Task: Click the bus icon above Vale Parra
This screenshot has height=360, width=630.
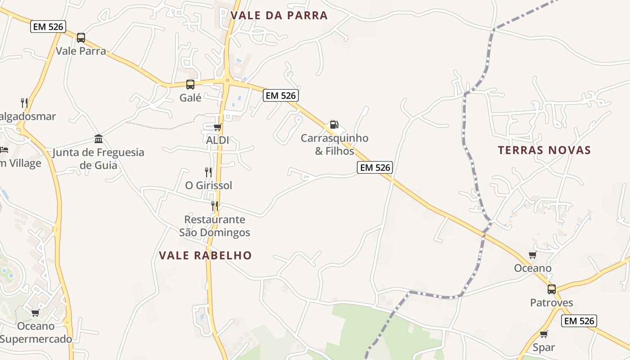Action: pyautogui.click(x=81, y=38)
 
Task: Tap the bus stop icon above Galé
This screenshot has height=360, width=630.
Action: pyautogui.click(x=190, y=84)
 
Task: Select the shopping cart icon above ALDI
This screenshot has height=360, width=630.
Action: pyautogui.click(x=218, y=127)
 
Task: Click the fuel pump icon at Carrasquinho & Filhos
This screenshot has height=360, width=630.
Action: pyautogui.click(x=334, y=125)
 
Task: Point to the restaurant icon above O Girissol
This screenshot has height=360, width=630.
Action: pyautogui.click(x=208, y=172)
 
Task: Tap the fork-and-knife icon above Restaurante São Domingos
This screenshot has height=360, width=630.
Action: pyautogui.click(x=215, y=206)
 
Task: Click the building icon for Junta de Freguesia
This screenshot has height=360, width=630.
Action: pyautogui.click(x=99, y=139)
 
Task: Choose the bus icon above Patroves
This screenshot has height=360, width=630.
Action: pyautogui.click(x=552, y=289)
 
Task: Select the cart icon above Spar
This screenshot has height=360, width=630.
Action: pyautogui.click(x=544, y=334)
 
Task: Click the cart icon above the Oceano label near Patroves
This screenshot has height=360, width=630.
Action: pyautogui.click(x=533, y=255)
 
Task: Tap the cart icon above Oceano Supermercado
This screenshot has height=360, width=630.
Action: pyautogui.click(x=35, y=313)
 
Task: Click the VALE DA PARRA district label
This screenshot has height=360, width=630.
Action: pyautogui.click(x=279, y=16)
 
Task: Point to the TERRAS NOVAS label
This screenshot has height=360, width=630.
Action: pyautogui.click(x=544, y=150)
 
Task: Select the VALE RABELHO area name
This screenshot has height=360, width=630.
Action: pyautogui.click(x=205, y=256)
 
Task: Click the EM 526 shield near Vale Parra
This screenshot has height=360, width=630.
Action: pyautogui.click(x=48, y=27)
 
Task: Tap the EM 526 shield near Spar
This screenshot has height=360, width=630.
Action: pyautogui.click(x=580, y=321)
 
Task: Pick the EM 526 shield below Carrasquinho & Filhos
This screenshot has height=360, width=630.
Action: pyautogui.click(x=375, y=167)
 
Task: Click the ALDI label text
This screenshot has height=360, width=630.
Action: pyautogui.click(x=217, y=140)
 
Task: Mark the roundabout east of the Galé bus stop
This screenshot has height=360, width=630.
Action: pyautogui.click(x=227, y=81)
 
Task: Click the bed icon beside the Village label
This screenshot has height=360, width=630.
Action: pyautogui.click(x=4, y=149)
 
